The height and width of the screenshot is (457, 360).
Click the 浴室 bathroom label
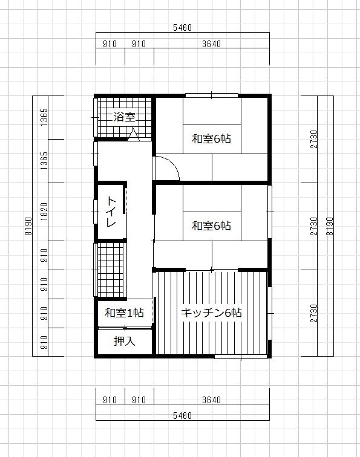(x=124, y=117)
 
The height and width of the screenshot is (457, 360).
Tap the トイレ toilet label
(x=112, y=212)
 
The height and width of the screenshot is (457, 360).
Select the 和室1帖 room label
(x=124, y=313)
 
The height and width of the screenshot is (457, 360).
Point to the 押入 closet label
(x=125, y=342)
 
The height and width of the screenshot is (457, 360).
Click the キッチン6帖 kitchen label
(x=212, y=313)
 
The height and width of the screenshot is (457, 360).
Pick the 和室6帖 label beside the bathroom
(x=212, y=138)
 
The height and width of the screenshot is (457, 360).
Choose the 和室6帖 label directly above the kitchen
(x=212, y=226)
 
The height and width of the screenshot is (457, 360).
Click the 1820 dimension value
(x=44, y=212)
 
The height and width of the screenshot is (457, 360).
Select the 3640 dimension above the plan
(x=212, y=44)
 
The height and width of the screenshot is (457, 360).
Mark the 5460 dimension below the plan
(x=182, y=416)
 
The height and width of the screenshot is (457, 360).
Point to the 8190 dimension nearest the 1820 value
(x=28, y=226)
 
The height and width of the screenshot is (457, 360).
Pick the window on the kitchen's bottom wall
(x=241, y=357)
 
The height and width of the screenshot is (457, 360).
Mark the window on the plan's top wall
(x=212, y=95)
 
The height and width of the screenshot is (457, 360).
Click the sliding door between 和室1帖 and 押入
(x=125, y=328)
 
